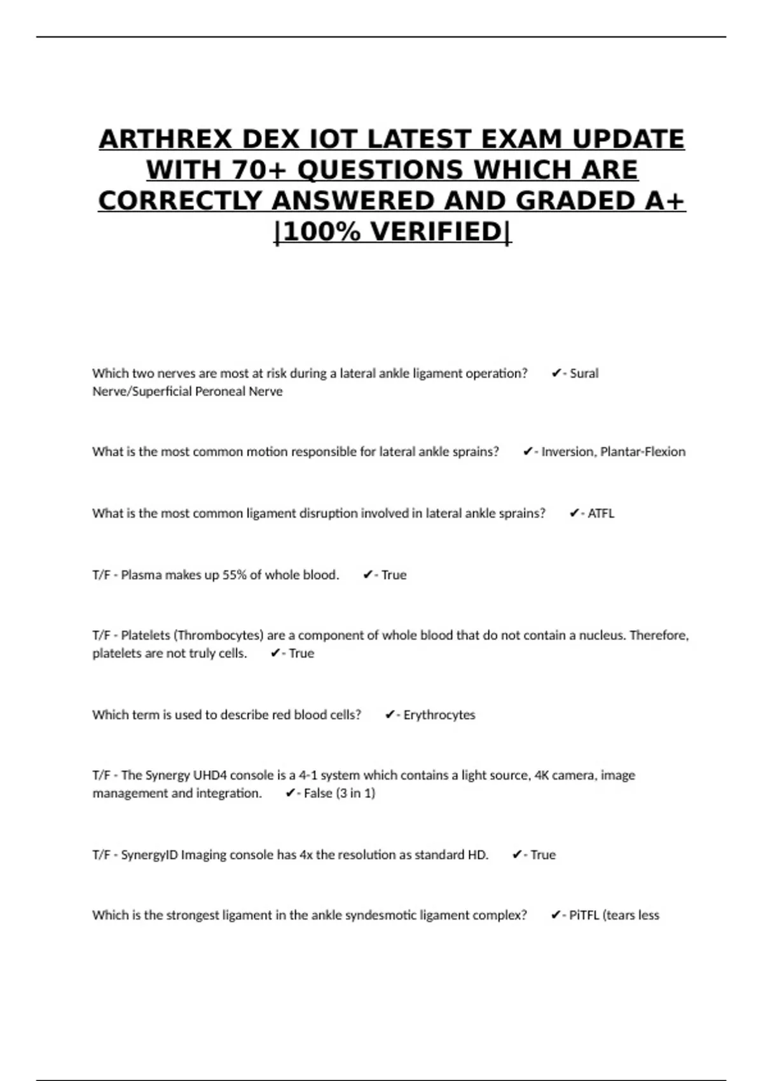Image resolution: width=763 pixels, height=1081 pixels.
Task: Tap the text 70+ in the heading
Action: [x=261, y=170]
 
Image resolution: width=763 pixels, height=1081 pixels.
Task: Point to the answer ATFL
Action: [x=601, y=513]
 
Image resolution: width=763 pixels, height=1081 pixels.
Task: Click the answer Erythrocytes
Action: [x=439, y=715]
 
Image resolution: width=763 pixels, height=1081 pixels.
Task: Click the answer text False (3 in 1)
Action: [x=340, y=793]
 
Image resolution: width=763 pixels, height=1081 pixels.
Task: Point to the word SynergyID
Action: [x=149, y=855]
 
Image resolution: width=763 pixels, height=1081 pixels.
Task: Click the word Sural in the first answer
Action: [x=584, y=373]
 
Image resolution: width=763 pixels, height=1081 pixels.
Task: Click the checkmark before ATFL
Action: [x=574, y=513]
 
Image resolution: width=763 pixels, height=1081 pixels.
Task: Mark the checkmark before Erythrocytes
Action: [x=390, y=715]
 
